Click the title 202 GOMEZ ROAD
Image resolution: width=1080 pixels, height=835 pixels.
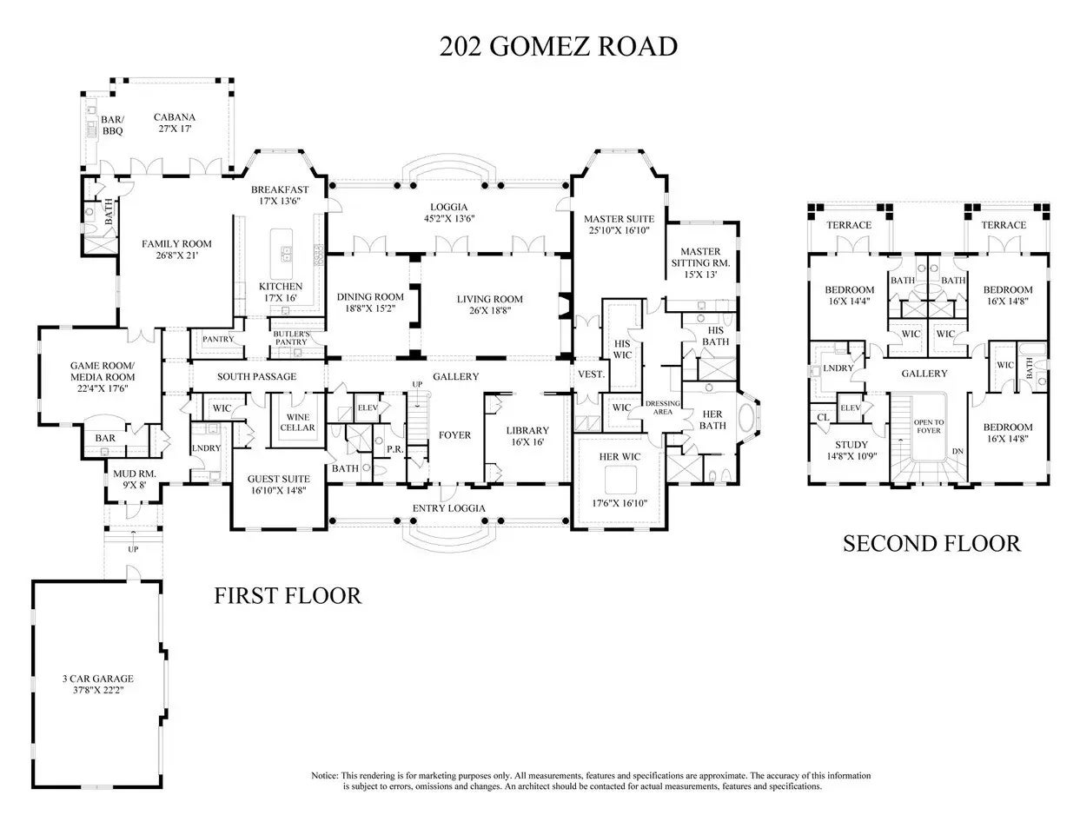(x=558, y=47)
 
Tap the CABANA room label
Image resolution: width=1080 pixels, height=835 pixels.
(x=174, y=117)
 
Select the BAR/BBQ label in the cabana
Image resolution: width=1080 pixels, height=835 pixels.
(x=113, y=125)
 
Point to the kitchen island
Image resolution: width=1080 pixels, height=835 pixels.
(x=282, y=254)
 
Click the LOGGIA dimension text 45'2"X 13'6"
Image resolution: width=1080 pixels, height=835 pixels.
(x=449, y=219)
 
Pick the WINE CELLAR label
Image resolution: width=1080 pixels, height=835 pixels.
(x=297, y=422)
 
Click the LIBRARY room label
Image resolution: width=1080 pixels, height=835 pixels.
(x=527, y=430)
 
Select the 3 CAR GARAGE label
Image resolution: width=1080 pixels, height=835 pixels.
(x=98, y=679)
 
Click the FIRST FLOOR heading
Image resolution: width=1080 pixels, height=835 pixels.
(x=288, y=595)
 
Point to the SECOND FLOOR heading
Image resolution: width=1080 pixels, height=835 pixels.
(x=931, y=543)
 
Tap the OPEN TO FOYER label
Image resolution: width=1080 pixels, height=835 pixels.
(x=929, y=426)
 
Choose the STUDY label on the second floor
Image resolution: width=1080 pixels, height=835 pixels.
(x=851, y=445)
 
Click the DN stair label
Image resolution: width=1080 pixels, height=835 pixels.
(x=957, y=451)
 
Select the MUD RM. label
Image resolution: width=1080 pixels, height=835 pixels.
(x=134, y=474)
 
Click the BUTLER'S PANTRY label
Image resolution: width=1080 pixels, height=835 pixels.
(x=291, y=338)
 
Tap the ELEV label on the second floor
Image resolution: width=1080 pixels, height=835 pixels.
(x=850, y=408)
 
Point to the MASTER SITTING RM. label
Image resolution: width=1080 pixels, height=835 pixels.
(x=700, y=257)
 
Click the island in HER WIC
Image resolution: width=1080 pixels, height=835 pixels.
(x=620, y=480)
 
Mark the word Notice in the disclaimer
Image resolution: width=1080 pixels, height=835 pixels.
(x=325, y=775)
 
